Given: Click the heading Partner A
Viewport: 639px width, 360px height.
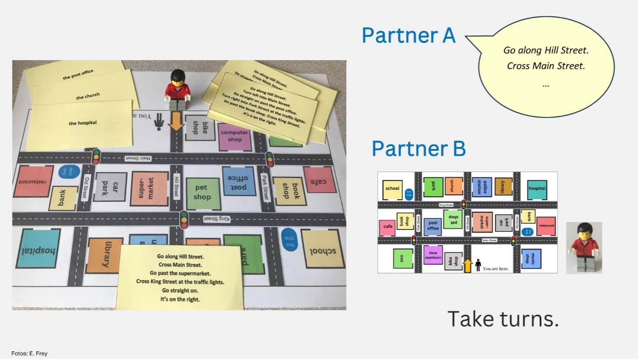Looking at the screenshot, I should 409,36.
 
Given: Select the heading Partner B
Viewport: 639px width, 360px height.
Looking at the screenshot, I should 418,149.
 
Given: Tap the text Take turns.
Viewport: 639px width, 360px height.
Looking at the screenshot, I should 503,319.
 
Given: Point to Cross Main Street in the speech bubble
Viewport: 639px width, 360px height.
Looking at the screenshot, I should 546,66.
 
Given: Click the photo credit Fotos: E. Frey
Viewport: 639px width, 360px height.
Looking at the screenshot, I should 29,354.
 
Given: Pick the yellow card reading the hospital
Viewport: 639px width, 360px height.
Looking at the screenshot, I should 82,123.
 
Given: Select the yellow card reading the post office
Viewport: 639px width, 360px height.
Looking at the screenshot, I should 78,75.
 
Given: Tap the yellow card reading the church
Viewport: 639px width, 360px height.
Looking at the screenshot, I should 88,96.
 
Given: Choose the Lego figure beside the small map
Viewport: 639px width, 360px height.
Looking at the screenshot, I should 584,247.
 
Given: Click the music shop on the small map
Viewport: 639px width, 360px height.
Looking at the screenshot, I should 531,258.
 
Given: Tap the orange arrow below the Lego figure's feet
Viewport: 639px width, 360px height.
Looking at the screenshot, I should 176,120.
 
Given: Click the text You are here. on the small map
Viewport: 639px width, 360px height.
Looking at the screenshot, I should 496,269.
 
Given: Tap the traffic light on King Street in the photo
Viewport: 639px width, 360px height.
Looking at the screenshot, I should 184,219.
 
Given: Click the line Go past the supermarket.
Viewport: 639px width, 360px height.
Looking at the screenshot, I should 180,273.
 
